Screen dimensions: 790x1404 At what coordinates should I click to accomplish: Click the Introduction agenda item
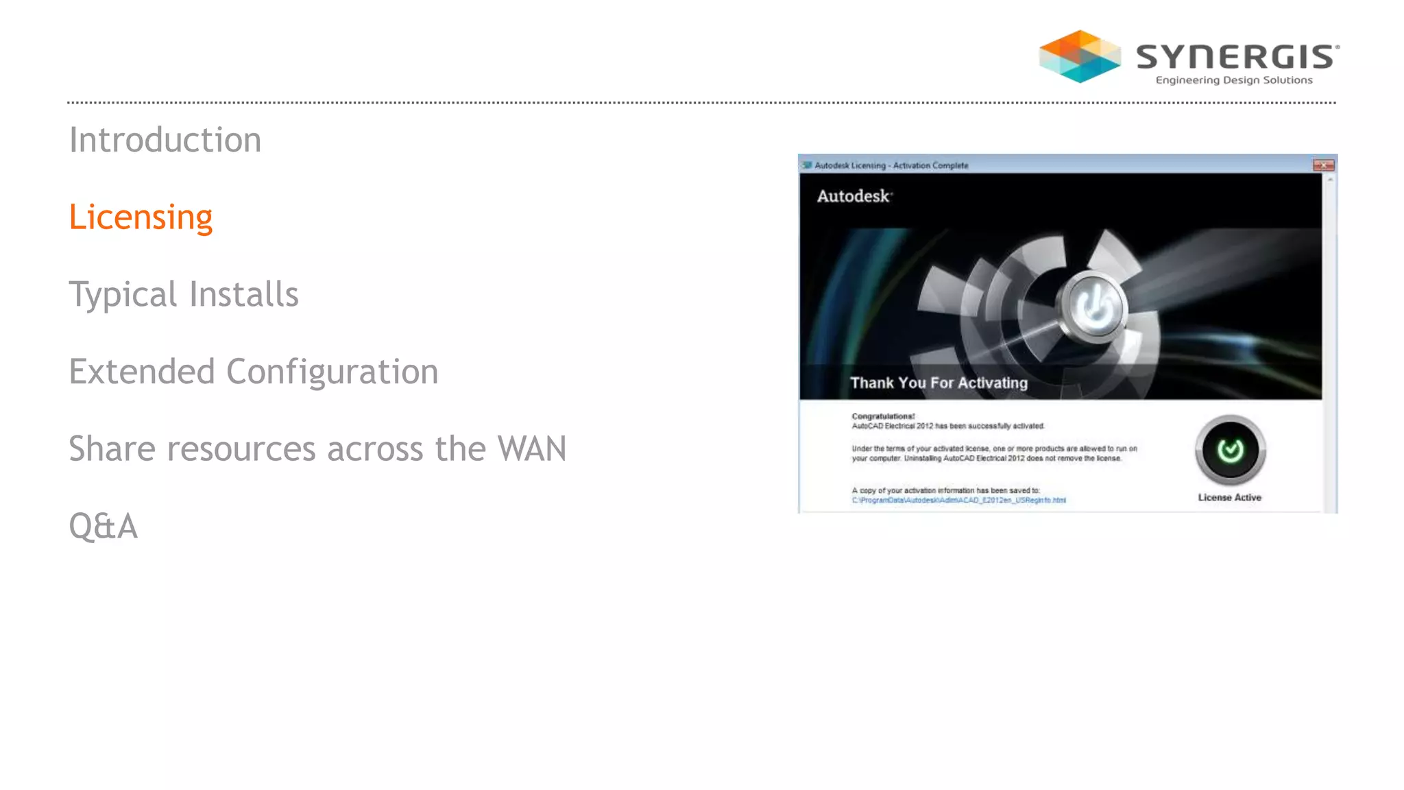165,140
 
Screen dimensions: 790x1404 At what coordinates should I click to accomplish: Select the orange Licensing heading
141,217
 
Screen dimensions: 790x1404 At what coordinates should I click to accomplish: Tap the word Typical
123,295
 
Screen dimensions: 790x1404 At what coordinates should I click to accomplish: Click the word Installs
244,294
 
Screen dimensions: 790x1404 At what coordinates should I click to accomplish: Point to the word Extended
142,372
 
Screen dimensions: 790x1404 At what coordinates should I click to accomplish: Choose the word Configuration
332,372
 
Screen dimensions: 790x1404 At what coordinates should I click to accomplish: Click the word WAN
532,449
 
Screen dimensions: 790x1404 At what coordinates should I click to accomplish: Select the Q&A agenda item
104,526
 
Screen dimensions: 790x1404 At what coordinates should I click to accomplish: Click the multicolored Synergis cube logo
1080,56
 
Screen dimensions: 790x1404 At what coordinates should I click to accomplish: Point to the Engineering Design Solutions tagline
1234,80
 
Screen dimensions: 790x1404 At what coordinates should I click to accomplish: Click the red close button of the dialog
1323,165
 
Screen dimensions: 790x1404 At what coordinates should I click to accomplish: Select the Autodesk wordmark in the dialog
854,196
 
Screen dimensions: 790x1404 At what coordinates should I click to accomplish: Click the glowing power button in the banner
1094,306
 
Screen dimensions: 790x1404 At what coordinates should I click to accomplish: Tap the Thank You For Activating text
939,383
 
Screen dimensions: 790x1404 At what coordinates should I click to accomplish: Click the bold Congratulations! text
883,416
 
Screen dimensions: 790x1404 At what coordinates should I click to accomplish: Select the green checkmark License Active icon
1231,451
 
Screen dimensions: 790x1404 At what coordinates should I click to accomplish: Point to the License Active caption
1229,497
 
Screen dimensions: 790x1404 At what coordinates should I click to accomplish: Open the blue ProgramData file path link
958,500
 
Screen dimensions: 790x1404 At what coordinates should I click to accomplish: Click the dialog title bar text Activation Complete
930,165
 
